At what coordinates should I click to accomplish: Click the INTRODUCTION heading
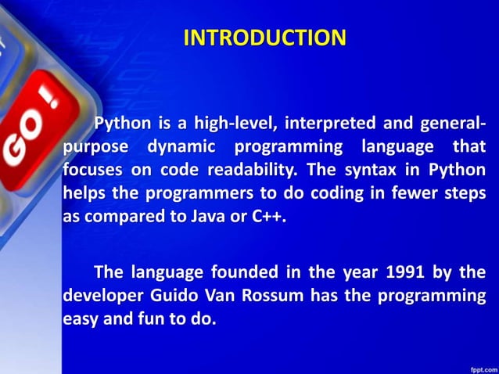pyautogui.click(x=264, y=38)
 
